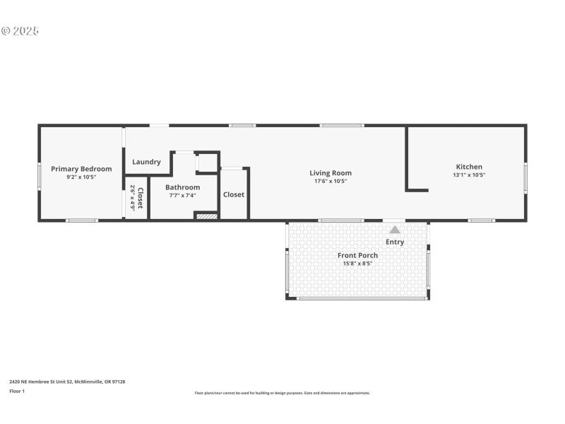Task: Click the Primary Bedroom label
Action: pyautogui.click(x=81, y=169)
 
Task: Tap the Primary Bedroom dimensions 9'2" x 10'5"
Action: pyautogui.click(x=81, y=177)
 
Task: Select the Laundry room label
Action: pyautogui.click(x=146, y=162)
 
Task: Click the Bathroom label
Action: pyautogui.click(x=183, y=187)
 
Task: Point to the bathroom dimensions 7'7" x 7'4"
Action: pyautogui.click(x=183, y=196)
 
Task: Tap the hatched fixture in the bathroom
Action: pyautogui.click(x=206, y=216)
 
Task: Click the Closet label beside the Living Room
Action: pyautogui.click(x=234, y=194)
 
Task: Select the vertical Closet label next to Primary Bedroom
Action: pyautogui.click(x=140, y=198)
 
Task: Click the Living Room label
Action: pyautogui.click(x=331, y=173)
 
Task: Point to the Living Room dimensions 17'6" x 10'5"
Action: pyautogui.click(x=331, y=181)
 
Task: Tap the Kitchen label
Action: pyautogui.click(x=468, y=167)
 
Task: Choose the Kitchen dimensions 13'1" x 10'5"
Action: pyautogui.click(x=468, y=175)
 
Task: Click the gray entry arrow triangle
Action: pyautogui.click(x=395, y=229)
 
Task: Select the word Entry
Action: pyautogui.click(x=395, y=242)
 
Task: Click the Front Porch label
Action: pyautogui.click(x=357, y=255)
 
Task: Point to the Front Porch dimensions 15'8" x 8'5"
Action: pyautogui.click(x=357, y=264)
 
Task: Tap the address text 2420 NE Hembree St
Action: pyautogui.click(x=67, y=382)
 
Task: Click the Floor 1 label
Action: pyautogui.click(x=17, y=391)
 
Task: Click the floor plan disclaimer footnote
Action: pyautogui.click(x=282, y=393)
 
